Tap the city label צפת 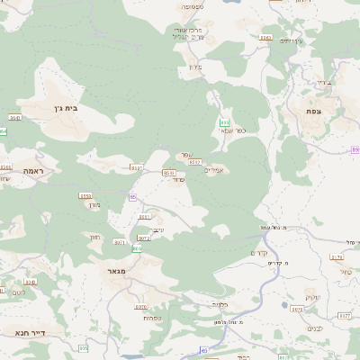314,111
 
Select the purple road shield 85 203,351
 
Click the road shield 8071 119,242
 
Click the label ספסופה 193,7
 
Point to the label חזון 94,237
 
